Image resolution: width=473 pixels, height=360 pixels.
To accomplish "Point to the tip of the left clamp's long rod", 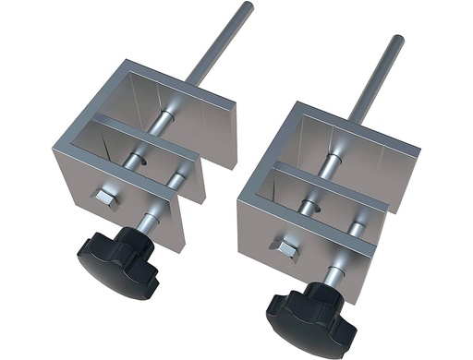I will (249, 6).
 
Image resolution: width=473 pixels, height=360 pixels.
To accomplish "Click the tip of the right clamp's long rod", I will (397, 39).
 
